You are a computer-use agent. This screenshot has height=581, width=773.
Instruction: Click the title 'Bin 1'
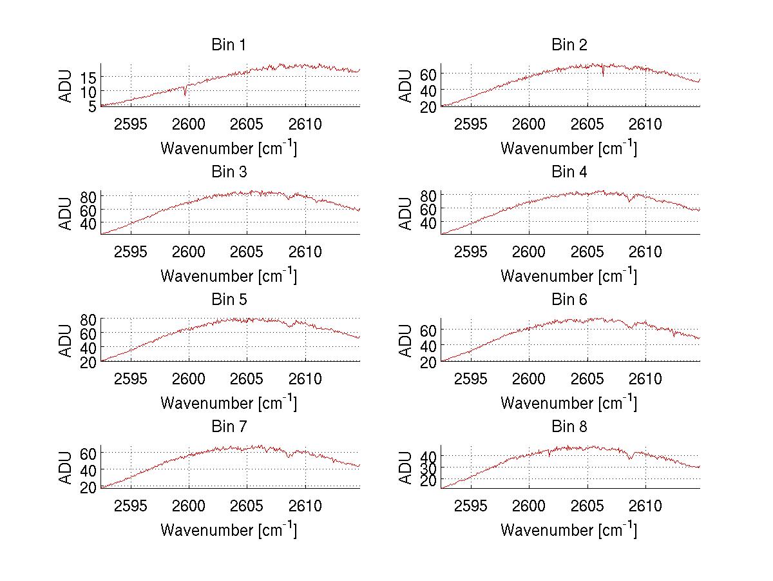coord(229,45)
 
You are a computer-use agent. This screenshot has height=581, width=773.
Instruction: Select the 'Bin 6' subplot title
coord(569,300)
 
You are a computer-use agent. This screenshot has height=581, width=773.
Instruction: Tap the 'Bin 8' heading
coord(569,427)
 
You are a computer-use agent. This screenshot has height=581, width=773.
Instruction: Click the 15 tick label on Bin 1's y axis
coord(89,77)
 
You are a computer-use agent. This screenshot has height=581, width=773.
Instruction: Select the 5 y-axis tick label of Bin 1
coord(93,105)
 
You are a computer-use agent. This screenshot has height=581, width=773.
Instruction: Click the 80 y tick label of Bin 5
coord(89,319)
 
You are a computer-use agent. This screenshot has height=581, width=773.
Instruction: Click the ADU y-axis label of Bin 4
coord(406,213)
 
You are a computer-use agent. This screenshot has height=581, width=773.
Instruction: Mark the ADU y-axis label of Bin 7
coord(66,468)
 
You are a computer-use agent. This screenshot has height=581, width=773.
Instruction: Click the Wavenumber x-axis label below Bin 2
coord(569,148)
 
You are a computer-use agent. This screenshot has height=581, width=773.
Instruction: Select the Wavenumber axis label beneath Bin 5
coord(229,403)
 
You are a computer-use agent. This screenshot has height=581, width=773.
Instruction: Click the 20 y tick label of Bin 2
coord(429,106)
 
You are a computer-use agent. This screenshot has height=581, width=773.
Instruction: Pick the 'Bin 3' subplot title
coord(229,172)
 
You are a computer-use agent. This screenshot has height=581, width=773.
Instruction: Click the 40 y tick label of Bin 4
coord(429,223)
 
